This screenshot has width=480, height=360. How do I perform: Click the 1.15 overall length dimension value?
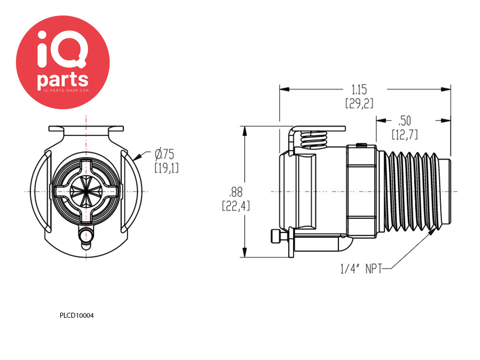[359, 89]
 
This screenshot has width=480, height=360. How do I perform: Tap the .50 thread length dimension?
[405, 120]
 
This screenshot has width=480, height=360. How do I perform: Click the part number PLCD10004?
[77, 315]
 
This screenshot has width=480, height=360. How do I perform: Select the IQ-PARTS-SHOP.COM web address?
[63, 90]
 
